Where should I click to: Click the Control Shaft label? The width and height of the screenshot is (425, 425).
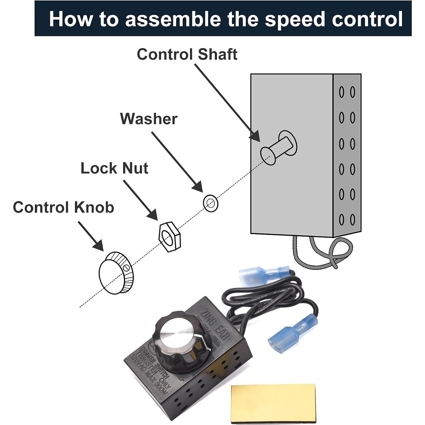tap(187, 54)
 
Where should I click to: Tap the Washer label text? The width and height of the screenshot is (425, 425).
tap(148, 119)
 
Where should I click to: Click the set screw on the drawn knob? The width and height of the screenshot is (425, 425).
tap(127, 267)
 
